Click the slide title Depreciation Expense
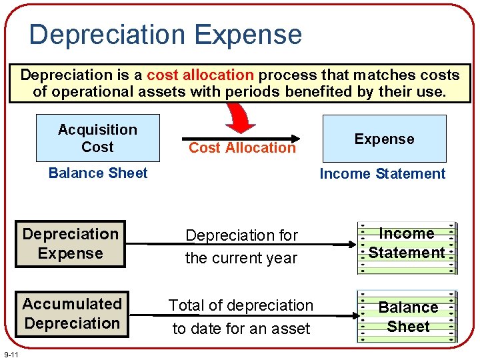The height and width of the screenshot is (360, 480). click(165, 35)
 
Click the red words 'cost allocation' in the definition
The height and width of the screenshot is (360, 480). click(200, 75)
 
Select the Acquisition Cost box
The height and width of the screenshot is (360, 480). click(98, 138)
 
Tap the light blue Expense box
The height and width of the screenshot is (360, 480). click(384, 139)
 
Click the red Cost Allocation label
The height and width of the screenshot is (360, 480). click(242, 148)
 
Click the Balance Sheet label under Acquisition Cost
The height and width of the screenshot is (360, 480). click(98, 173)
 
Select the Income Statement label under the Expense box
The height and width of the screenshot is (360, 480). click(382, 174)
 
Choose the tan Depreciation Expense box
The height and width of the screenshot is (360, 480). click(71, 244)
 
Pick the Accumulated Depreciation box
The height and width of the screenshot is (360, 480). click(71, 314)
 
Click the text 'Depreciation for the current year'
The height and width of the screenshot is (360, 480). click(241, 247)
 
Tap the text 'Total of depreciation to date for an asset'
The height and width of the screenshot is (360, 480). click(241, 317)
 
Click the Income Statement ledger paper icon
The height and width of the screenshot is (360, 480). click(407, 247)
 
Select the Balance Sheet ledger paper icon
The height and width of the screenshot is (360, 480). click(407, 317)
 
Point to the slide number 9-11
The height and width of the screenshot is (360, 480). click(11, 353)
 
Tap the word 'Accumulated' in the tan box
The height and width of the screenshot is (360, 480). click(72, 304)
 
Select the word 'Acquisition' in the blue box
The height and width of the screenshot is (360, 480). click(97, 129)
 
